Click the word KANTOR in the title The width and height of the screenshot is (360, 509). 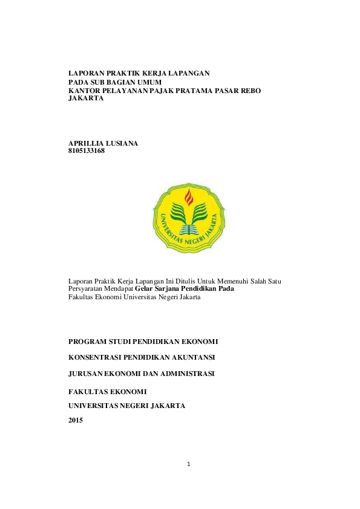(84, 89)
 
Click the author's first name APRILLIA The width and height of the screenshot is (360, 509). (87, 143)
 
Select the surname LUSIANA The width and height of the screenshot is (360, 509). (123, 143)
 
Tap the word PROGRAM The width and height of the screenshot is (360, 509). (88, 341)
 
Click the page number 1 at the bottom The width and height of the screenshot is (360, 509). (189, 464)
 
